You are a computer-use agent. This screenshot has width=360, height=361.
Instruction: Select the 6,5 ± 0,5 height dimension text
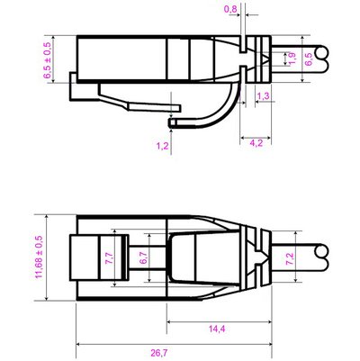pos(48,59)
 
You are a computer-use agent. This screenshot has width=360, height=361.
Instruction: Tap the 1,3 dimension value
pos(264,95)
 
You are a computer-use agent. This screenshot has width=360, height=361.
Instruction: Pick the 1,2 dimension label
pos(162,145)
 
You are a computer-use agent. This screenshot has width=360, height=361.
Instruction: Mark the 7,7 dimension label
pos(109,257)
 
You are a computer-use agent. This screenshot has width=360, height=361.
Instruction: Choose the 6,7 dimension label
pos(142,258)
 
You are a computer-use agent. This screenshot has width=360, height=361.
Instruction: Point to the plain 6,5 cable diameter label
pos(309,59)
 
